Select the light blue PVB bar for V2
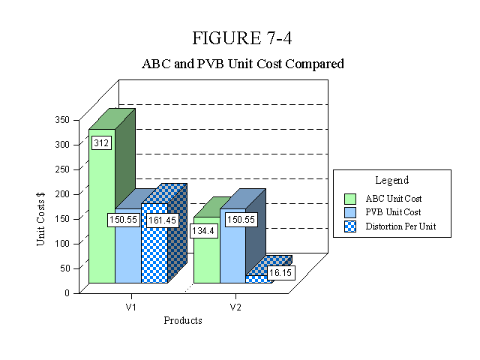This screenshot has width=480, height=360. point(232,246)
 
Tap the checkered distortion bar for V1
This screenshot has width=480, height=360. point(154,243)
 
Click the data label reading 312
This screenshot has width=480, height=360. point(101,143)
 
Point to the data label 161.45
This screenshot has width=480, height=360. point(162,220)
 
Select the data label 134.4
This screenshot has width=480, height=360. point(203,231)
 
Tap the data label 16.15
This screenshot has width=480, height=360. point(280,273)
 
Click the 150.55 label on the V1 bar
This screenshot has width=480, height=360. point(123,220)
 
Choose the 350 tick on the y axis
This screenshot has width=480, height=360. point(62,120)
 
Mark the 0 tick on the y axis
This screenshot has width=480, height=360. point(67,293)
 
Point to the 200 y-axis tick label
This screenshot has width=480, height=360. point(62,193)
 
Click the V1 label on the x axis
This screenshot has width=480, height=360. point(131,307)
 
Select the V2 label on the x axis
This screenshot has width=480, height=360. point(235,307)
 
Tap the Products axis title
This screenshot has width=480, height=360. point(183,320)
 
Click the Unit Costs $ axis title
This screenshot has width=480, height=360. point(40,219)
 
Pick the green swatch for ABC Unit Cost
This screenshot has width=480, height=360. point(350,199)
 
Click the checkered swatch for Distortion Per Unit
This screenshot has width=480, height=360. point(350,226)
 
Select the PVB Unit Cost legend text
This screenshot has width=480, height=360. point(393,212)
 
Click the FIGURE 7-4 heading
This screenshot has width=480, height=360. point(241,38)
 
